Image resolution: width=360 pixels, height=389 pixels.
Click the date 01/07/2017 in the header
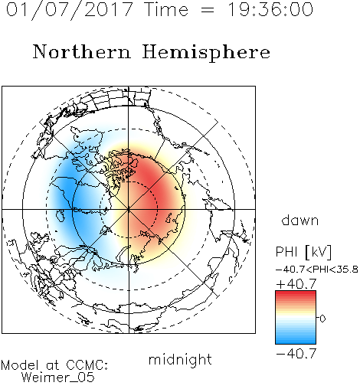coord(69,10)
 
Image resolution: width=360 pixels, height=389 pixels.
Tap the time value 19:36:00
coord(270,9)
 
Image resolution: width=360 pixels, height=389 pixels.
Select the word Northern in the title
coord(82,51)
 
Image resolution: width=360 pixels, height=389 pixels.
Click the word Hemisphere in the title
coord(206,53)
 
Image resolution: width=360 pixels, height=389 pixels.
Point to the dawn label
coord(300,220)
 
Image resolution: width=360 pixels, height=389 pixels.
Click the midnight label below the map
coord(180,359)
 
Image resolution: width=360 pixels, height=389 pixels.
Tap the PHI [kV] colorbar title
coord(303,252)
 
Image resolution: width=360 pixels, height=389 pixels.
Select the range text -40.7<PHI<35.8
coord(317,270)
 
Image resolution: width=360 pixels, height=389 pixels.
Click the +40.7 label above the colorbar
coord(296,284)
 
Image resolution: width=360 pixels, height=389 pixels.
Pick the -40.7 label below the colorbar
coord(296,354)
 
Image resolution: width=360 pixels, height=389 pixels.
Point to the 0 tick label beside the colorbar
coord(322,319)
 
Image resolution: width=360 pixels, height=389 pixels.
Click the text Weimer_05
coord(58,377)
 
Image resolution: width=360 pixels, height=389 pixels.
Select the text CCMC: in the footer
coord(87,365)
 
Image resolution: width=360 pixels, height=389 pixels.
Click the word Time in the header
coord(166,10)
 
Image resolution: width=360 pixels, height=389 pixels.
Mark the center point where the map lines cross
coord(129,209)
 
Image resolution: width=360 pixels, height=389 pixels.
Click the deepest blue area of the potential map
coord(67,190)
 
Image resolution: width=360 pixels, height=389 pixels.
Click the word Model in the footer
coord(20,365)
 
